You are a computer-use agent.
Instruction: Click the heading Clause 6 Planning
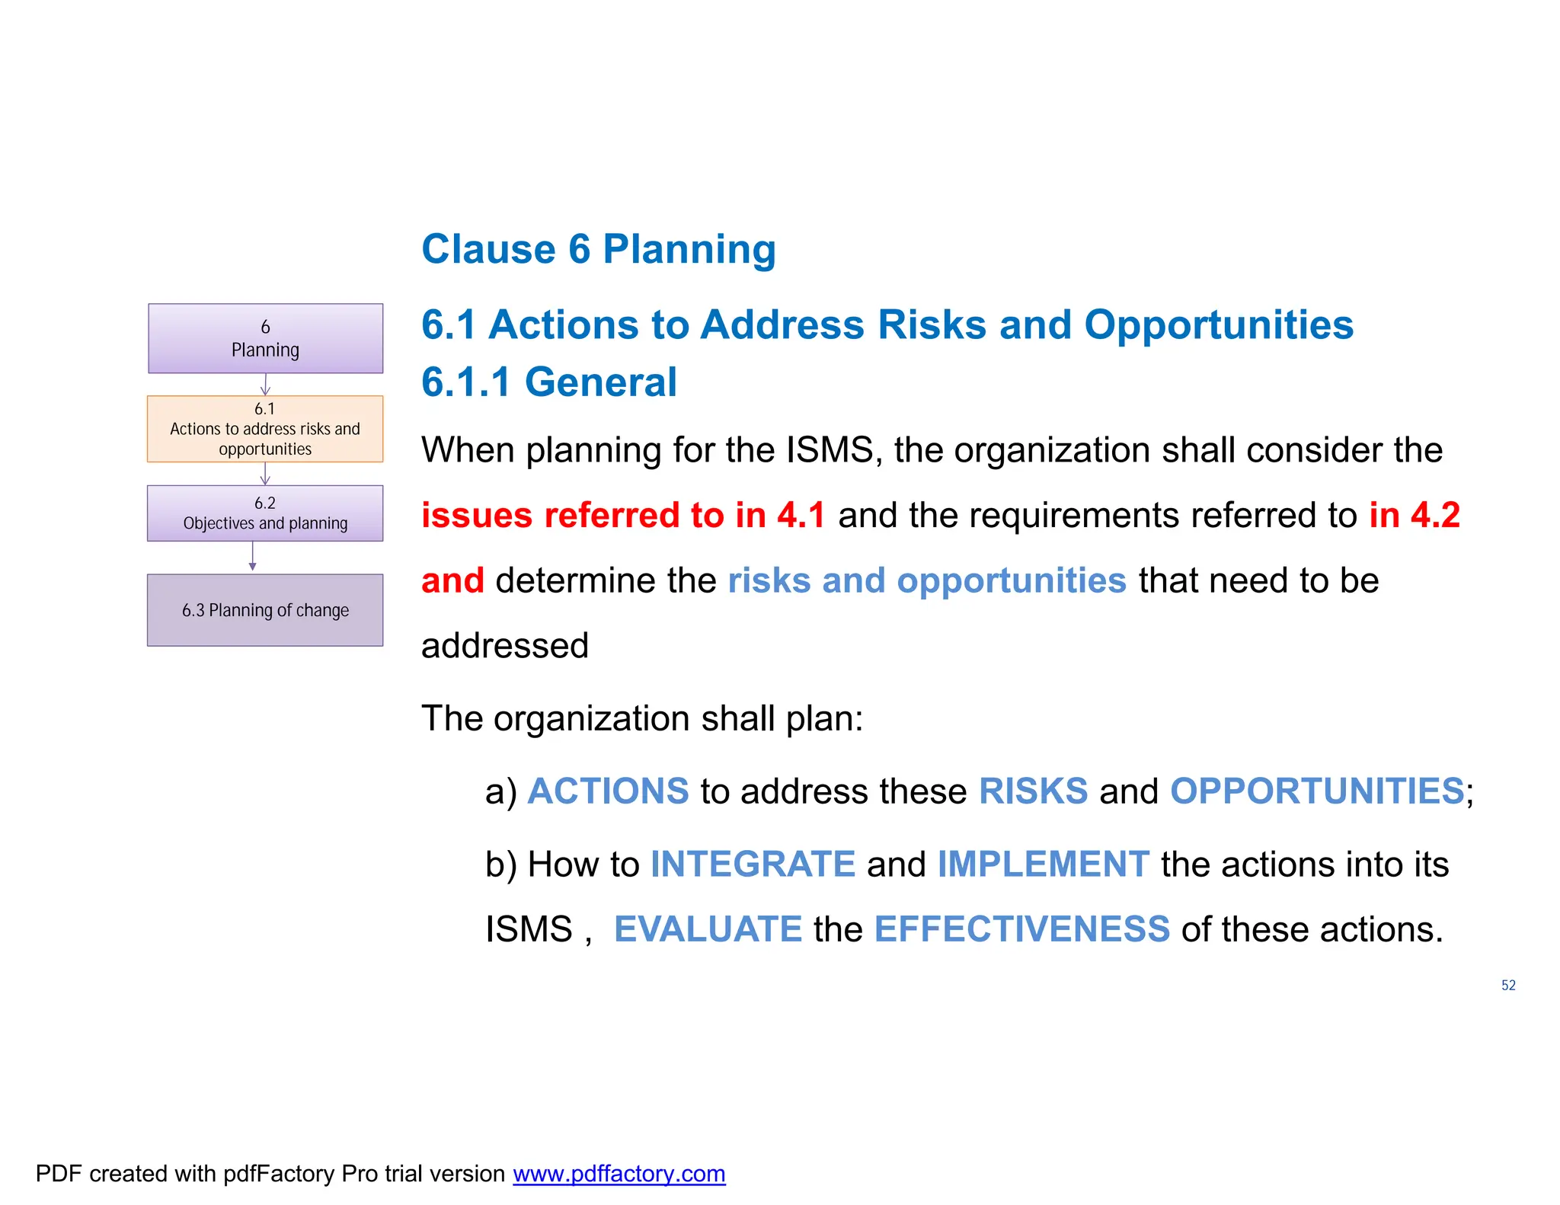click(x=599, y=249)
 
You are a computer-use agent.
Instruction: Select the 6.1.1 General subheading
click(x=548, y=382)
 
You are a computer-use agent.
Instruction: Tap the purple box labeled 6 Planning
click(x=265, y=339)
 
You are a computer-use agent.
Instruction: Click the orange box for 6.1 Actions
click(x=265, y=429)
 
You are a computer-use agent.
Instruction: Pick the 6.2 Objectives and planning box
click(x=265, y=513)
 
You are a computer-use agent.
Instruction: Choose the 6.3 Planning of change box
click(x=265, y=610)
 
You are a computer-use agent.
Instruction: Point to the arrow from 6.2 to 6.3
click(x=253, y=557)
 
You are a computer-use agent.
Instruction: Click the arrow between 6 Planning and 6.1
click(x=265, y=385)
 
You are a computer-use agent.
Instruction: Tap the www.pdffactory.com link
click(x=619, y=1174)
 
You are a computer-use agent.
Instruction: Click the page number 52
click(x=1508, y=986)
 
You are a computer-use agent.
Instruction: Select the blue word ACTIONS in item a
click(x=608, y=791)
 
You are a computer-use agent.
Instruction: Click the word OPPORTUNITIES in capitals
click(x=1316, y=791)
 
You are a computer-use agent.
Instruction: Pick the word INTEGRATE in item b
click(x=753, y=864)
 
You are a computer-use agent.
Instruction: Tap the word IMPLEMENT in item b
click(x=1043, y=864)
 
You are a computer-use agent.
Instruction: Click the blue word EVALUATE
click(x=708, y=929)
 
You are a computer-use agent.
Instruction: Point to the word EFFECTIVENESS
click(x=1021, y=929)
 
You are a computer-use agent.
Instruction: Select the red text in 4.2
click(x=1414, y=515)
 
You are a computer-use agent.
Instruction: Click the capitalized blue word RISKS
click(x=1033, y=791)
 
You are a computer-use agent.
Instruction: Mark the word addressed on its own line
click(x=505, y=646)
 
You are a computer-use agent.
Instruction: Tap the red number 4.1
click(x=801, y=515)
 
